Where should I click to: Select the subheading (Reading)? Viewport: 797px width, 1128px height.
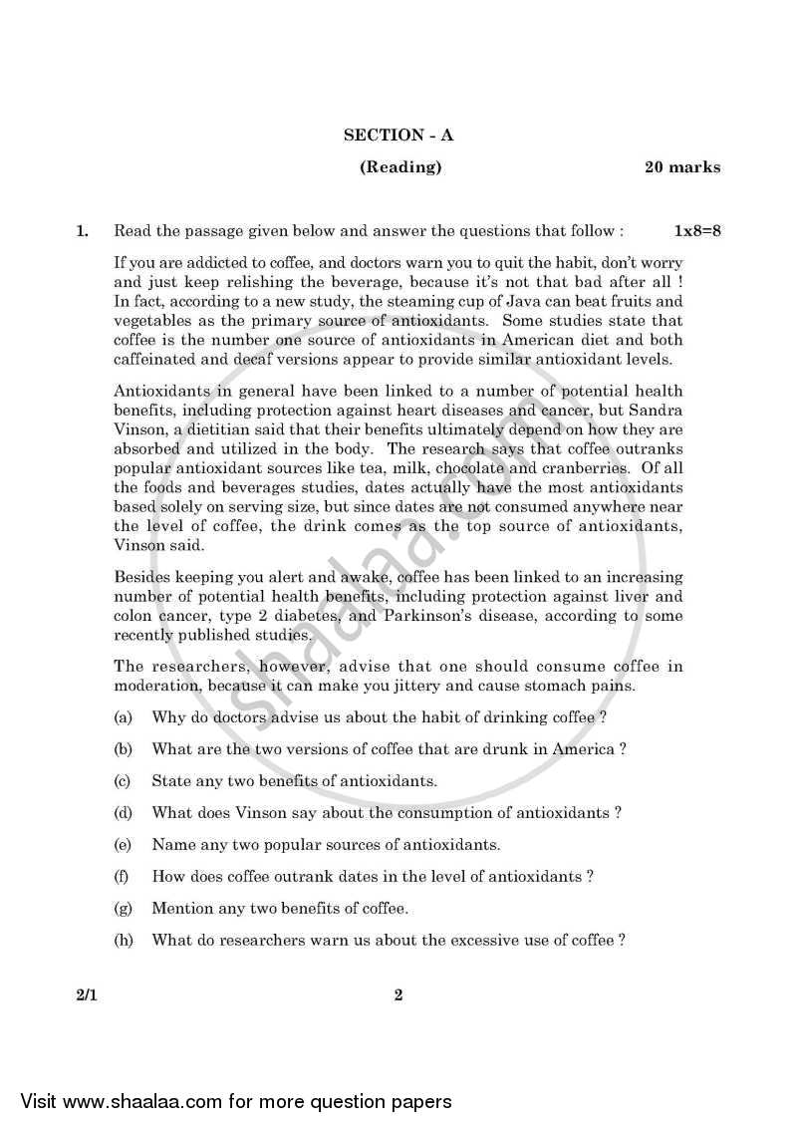click(x=400, y=167)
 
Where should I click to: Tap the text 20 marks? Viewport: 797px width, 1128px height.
click(x=682, y=167)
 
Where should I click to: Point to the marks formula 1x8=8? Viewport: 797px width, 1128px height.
click(x=697, y=231)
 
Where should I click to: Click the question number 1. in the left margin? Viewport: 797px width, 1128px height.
click(x=83, y=231)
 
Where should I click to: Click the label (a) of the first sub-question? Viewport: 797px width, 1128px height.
click(x=124, y=717)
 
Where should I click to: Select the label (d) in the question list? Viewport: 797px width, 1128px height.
click(x=124, y=813)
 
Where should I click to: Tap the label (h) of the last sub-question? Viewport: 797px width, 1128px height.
click(x=124, y=940)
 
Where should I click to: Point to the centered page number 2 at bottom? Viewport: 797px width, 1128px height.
click(x=398, y=994)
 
